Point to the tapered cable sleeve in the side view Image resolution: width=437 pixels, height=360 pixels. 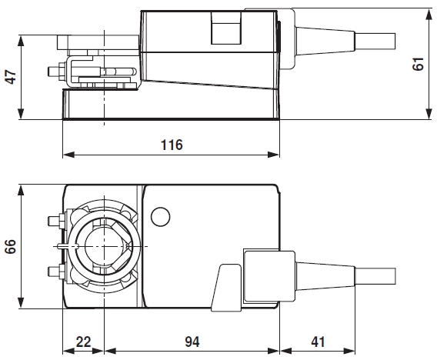322,39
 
